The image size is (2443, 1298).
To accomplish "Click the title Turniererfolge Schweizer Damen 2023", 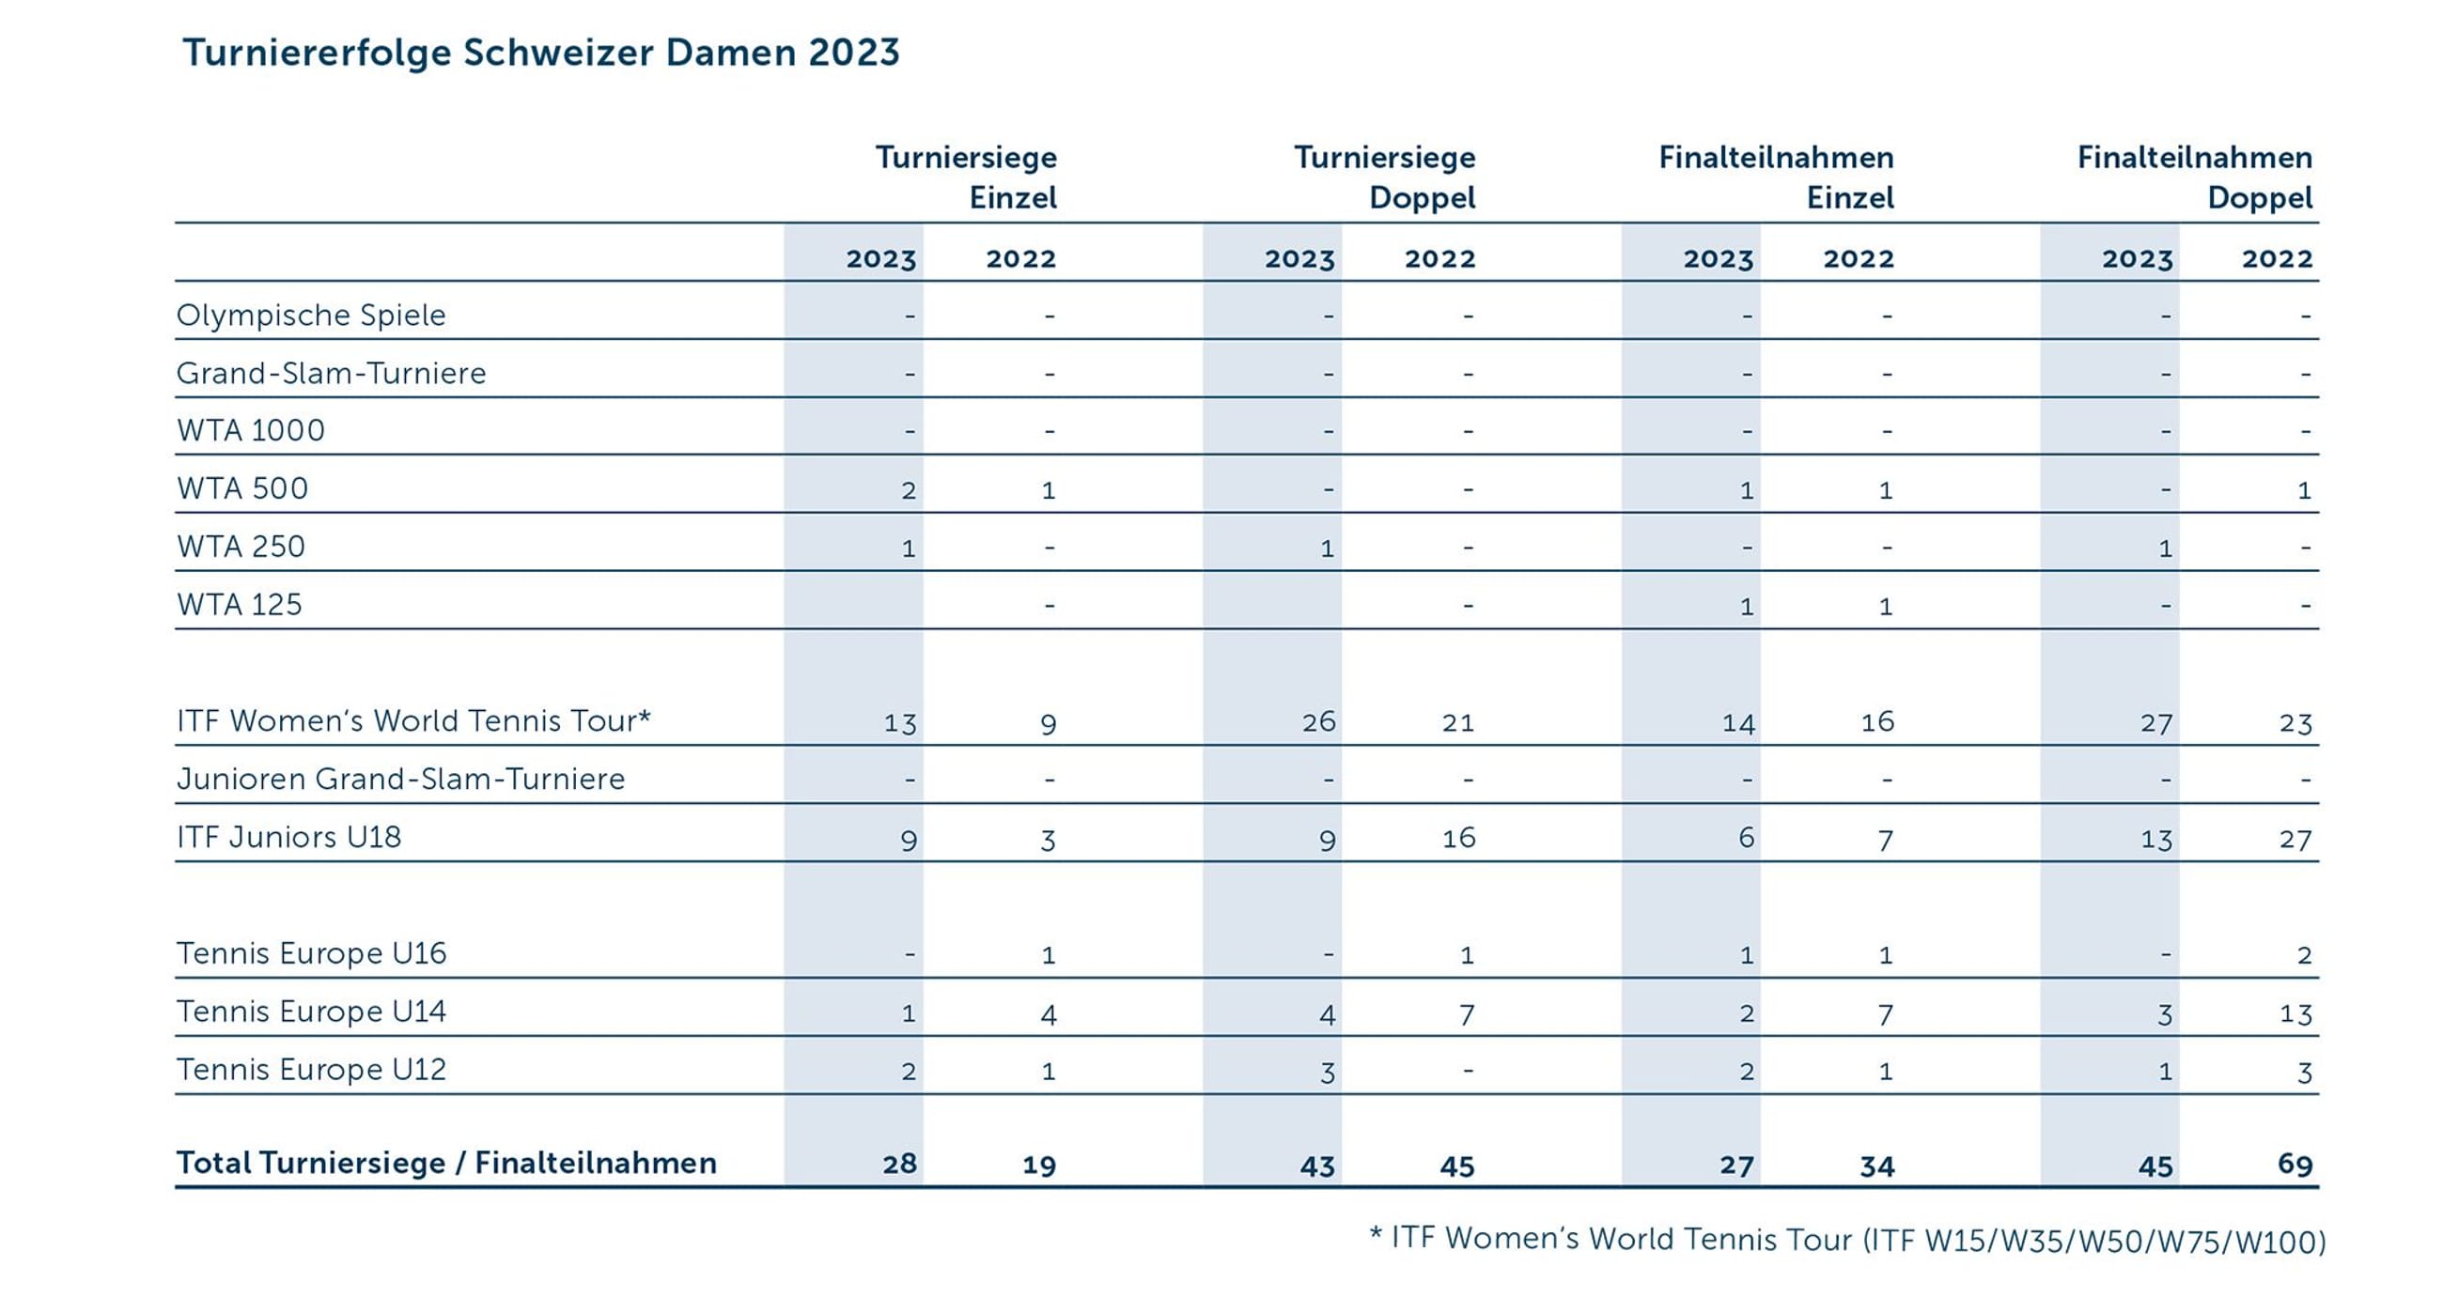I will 540,53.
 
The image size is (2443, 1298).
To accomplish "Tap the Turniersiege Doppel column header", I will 1385,178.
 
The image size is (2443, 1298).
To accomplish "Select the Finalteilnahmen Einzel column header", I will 1775,178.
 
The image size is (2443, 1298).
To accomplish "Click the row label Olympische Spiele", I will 311,315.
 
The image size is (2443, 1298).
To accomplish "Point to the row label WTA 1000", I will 250,430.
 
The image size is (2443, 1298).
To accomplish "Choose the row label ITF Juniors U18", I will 289,837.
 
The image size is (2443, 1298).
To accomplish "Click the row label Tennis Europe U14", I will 311,1012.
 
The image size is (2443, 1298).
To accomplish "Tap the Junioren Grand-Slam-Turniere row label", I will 400,780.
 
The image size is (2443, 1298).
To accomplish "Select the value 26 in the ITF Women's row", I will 1318,722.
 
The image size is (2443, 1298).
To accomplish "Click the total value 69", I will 2295,1165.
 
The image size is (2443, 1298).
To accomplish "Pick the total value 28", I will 900,1165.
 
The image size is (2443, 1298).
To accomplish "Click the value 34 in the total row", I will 1876,1166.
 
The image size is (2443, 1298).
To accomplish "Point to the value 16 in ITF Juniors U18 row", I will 1458,838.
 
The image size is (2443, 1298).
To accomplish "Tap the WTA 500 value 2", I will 909,490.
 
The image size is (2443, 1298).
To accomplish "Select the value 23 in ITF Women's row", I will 2295,723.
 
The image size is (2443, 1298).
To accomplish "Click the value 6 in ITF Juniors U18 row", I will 1746,838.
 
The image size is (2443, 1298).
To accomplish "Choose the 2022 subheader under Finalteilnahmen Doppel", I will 2277,259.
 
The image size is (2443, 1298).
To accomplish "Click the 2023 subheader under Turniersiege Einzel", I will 881,259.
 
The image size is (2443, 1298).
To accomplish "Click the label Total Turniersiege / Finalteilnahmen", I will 446,1164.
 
